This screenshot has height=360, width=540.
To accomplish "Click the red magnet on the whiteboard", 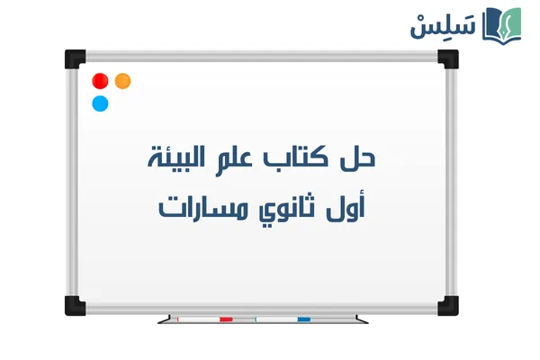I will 100,81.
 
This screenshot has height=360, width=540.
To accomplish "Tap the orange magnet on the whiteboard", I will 123,81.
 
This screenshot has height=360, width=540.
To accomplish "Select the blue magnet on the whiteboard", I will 100,103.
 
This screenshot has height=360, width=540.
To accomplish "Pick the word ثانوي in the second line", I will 286,209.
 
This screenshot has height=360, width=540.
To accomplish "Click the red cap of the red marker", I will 226,319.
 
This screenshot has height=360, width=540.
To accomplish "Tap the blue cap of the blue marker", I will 304,319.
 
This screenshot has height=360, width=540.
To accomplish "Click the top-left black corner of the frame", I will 73,58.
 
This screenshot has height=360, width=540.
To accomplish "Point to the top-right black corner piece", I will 447,58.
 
